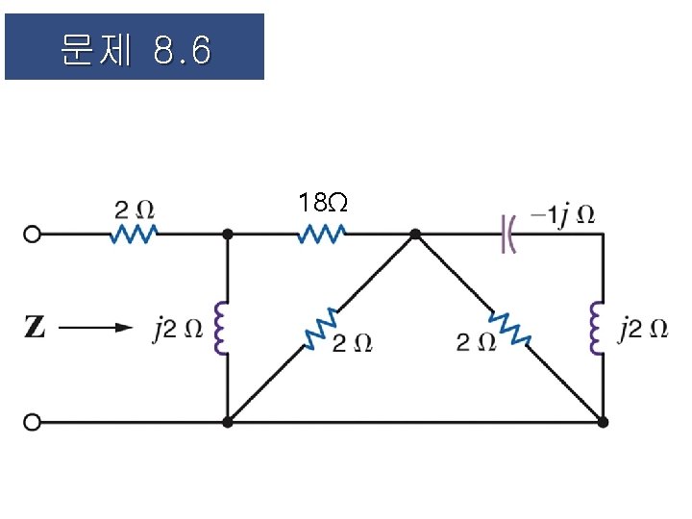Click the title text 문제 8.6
tap(135, 49)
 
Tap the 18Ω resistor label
tap(322, 203)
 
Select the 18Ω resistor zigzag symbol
tap(322, 234)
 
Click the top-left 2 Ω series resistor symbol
tap(136, 234)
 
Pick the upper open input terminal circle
tap(33, 234)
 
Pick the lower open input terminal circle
tap(33, 421)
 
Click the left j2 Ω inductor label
tap(178, 328)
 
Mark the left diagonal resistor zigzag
tap(320, 328)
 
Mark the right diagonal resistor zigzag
tap(509, 328)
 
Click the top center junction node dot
tap(415, 234)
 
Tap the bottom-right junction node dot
tap(603, 421)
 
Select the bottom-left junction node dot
tap(228, 421)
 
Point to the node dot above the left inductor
tap(228, 234)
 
